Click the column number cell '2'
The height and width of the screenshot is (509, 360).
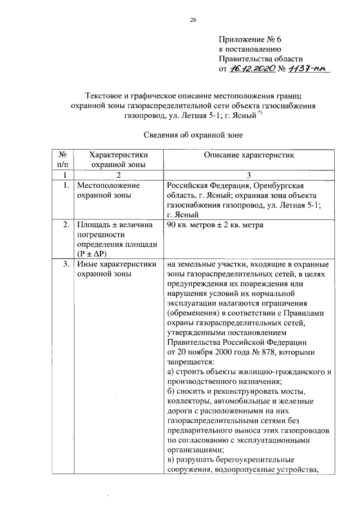118,175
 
